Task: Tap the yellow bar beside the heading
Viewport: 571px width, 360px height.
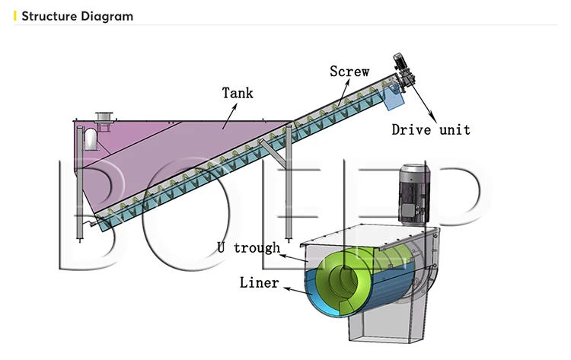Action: coord(16,16)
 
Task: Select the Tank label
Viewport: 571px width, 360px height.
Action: coord(238,94)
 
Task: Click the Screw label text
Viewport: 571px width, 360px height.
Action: coord(349,72)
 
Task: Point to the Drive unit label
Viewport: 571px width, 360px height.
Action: coord(430,129)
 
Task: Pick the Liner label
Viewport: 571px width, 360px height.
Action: coord(259,283)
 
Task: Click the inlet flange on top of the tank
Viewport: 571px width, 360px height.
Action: coord(103,116)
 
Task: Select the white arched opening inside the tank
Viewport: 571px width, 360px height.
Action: coord(91,139)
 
